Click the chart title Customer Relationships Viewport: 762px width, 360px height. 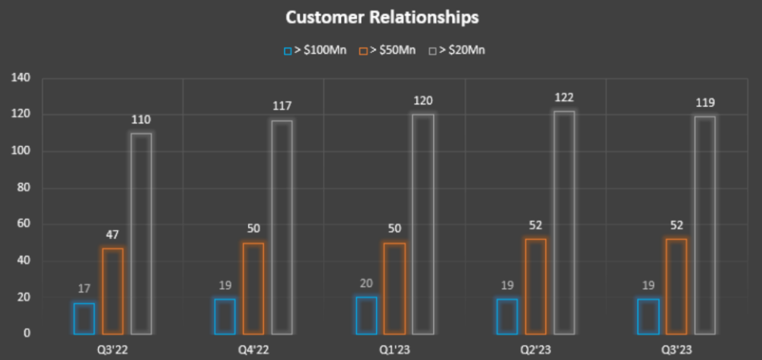(x=381, y=17)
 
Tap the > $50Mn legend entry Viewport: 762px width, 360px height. (x=387, y=50)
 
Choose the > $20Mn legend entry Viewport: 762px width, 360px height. (x=457, y=50)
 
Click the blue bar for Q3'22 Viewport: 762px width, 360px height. (x=84, y=318)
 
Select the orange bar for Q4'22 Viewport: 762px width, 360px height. (x=253, y=288)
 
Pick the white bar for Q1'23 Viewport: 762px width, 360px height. (x=423, y=224)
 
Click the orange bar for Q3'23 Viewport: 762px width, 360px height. (x=677, y=286)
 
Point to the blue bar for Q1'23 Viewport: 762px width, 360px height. (x=367, y=315)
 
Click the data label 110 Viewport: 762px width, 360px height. (x=141, y=120)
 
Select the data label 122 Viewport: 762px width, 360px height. (x=564, y=98)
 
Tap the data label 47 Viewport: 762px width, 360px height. (x=113, y=235)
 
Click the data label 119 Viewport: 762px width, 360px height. (x=705, y=103)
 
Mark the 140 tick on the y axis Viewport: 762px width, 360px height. (x=20, y=78)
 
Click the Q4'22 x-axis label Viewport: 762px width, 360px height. (x=253, y=349)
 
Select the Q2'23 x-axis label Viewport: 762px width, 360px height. (x=536, y=349)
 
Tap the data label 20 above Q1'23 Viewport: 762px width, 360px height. (x=367, y=284)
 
